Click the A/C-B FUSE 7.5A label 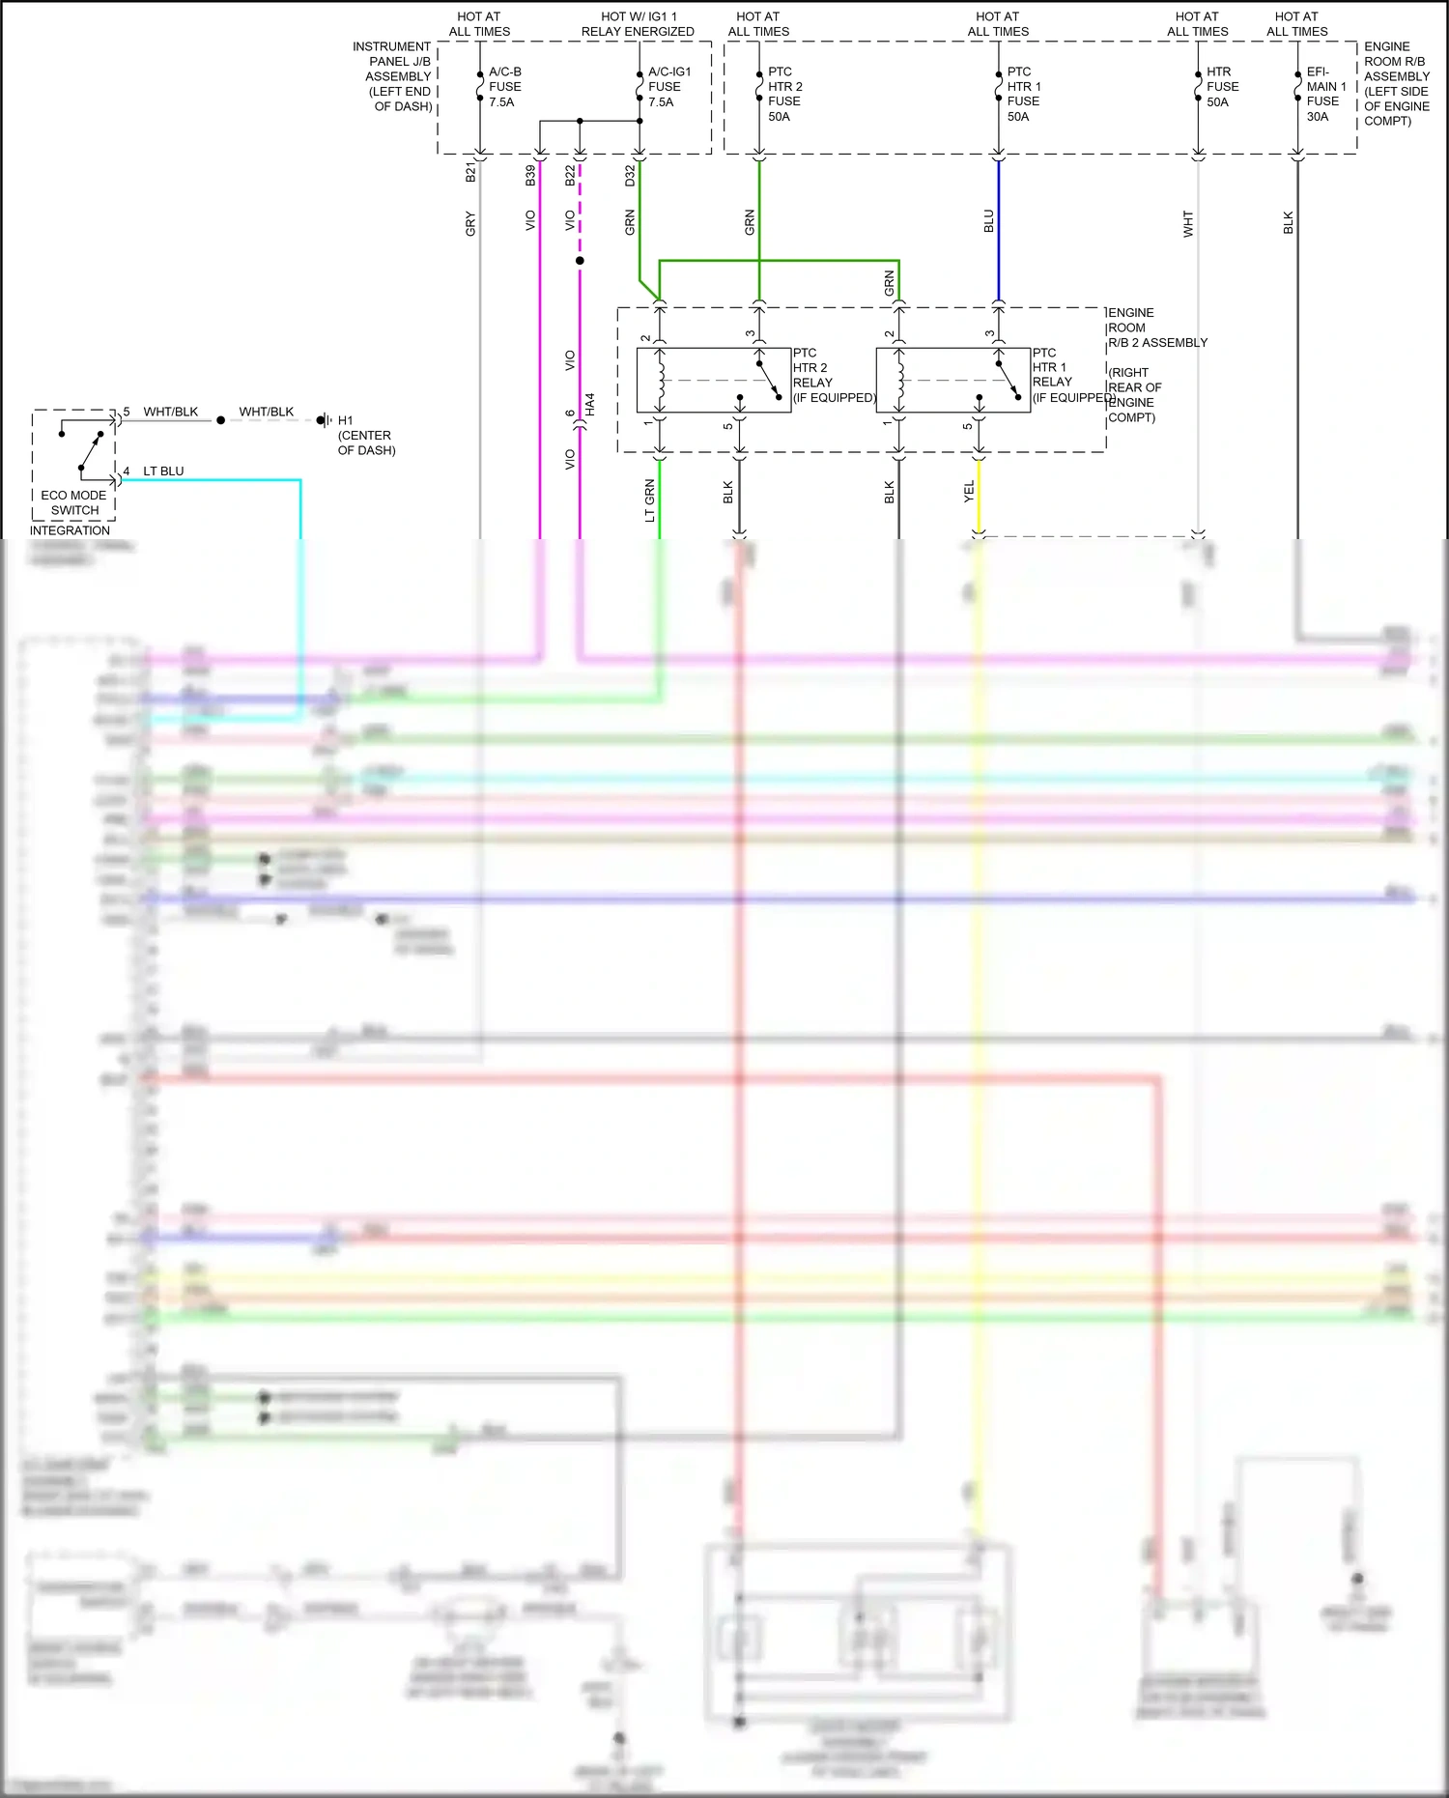click(504, 87)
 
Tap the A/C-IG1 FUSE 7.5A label click(668, 87)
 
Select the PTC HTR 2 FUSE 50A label click(784, 94)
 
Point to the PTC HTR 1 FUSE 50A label click(1023, 94)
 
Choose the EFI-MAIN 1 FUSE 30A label click(1325, 94)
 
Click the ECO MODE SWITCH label click(74, 502)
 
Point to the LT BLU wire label click(163, 471)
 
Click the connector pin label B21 click(470, 173)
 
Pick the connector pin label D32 click(630, 175)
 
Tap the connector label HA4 click(590, 404)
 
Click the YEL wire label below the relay click(969, 492)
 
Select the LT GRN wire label click(650, 500)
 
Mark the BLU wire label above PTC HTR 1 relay click(988, 221)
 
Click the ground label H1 click(346, 420)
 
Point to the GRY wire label click(470, 223)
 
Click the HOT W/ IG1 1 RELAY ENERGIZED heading click(638, 24)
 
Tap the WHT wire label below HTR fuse click(1188, 224)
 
